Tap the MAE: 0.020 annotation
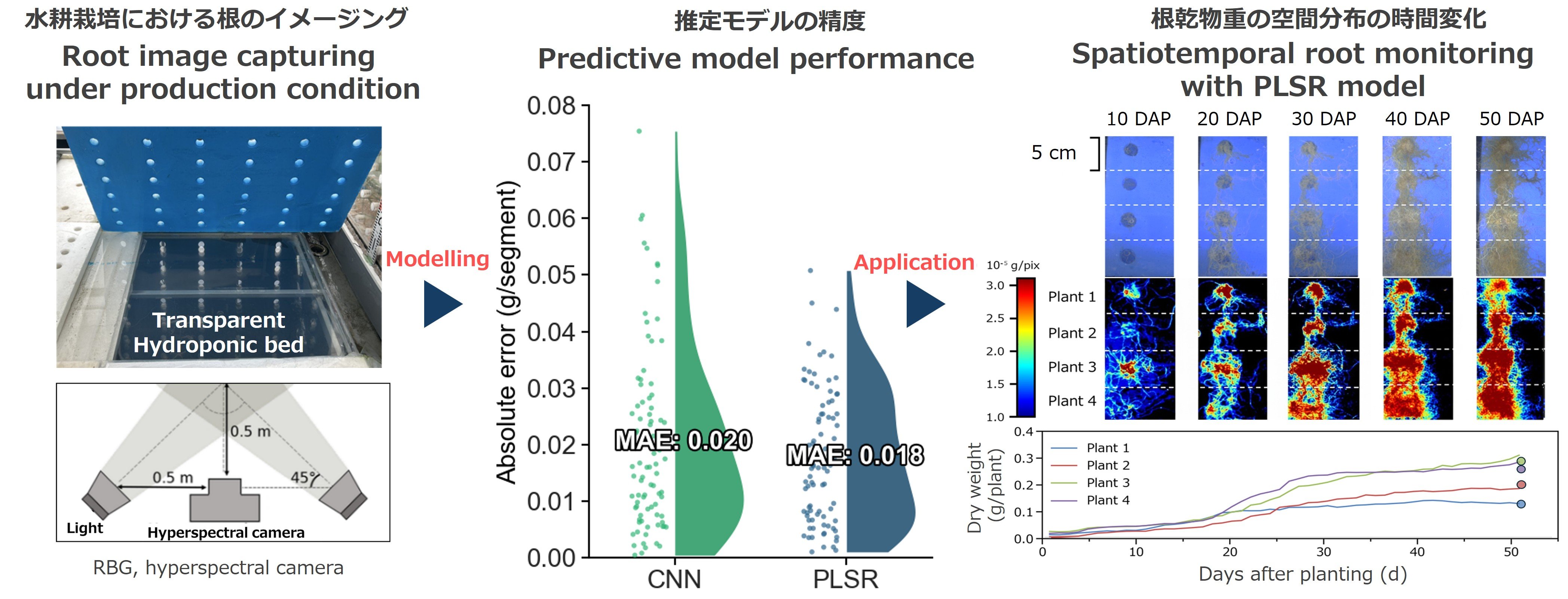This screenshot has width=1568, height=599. [683, 440]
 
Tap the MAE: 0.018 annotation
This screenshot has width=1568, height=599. [855, 455]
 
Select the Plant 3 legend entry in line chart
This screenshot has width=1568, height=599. [1108, 483]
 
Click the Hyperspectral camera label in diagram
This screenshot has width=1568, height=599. [226, 533]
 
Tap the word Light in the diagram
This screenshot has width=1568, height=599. [85, 528]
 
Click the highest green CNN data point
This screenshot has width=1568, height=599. [638, 131]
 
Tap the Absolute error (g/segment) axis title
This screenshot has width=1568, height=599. [506, 332]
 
